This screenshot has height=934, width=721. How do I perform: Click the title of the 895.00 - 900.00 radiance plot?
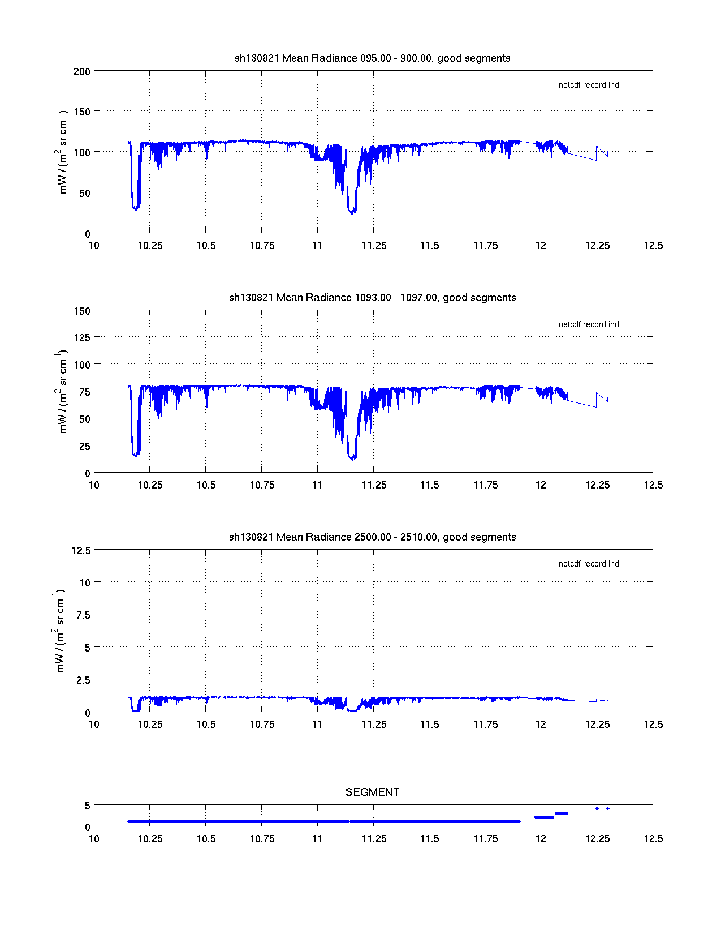tap(372, 58)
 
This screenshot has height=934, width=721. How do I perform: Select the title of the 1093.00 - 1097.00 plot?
tap(372, 298)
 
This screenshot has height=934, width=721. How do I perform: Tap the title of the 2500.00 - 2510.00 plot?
tap(372, 537)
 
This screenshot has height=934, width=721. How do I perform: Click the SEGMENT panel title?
tap(372, 792)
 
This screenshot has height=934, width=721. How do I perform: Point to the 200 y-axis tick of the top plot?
tap(82, 71)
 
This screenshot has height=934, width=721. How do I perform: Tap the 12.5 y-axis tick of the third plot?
tap(81, 550)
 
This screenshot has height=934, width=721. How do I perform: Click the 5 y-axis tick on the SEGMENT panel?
tap(87, 806)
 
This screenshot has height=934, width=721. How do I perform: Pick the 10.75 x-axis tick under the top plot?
tap(262, 246)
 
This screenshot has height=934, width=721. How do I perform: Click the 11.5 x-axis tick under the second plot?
tap(429, 485)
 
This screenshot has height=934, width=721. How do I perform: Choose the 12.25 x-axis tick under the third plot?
tap(597, 725)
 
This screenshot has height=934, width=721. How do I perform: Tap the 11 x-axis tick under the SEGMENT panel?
tap(317, 839)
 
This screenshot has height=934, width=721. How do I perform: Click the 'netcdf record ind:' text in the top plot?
tap(589, 85)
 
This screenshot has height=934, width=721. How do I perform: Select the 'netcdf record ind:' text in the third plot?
tap(589, 564)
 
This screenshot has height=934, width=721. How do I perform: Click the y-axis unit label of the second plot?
tap(62, 392)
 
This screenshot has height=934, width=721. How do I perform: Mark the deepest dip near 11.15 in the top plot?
tap(352, 213)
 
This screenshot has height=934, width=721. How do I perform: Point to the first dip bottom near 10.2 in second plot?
tap(135, 455)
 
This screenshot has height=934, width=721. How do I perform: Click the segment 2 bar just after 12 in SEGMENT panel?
tap(544, 817)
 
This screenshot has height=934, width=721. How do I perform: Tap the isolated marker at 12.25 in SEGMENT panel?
tap(597, 808)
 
